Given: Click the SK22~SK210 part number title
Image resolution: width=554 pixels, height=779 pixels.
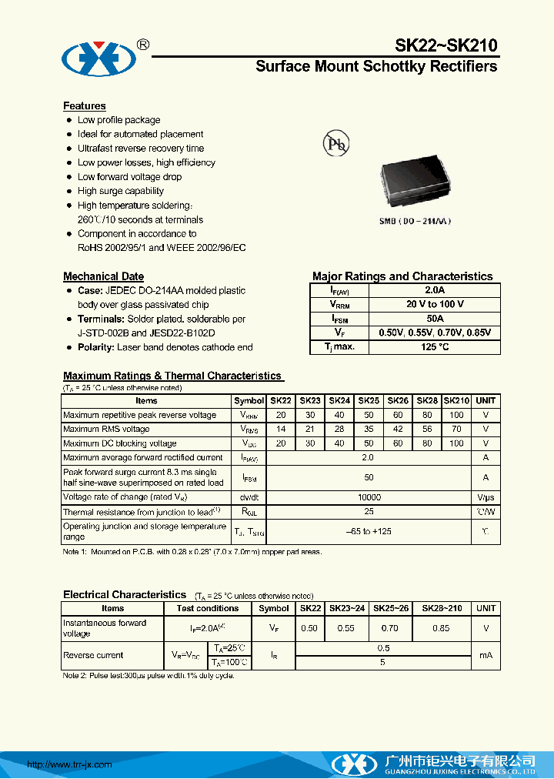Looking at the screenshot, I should [446, 46].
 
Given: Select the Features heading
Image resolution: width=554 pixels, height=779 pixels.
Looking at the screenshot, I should [84, 105].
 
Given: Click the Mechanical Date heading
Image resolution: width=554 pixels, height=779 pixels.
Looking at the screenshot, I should [103, 276].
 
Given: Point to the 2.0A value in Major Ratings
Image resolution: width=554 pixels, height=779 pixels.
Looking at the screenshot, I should [435, 290].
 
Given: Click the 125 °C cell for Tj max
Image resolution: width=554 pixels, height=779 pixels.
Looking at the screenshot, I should [435, 347].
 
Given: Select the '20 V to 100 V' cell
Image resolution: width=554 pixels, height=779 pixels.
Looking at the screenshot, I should [435, 304].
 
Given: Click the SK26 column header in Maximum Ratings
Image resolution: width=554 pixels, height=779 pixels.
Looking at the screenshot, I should [398, 401].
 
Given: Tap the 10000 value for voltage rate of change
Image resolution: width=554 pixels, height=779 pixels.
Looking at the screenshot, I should [369, 497].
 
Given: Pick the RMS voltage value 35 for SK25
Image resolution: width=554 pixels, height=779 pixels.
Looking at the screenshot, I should [369, 430].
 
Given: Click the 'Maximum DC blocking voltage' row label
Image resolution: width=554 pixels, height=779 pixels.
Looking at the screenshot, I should [119, 443].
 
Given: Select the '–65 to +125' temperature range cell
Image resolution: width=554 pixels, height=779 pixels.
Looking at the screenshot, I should [369, 531].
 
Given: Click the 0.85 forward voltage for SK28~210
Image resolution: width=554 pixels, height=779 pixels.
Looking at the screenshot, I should [441, 628].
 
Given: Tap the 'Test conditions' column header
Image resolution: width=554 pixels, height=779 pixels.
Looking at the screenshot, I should [208, 608].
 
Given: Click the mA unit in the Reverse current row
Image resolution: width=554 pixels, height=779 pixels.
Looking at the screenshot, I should [486, 655].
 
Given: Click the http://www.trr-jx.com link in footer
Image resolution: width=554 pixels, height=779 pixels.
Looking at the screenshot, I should [69, 764].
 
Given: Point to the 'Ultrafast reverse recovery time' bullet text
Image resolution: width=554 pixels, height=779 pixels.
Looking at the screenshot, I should [141, 148].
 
